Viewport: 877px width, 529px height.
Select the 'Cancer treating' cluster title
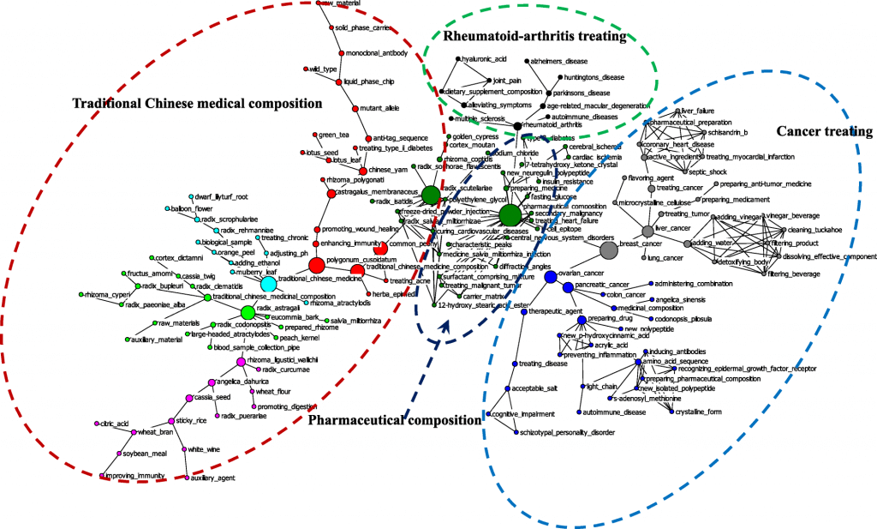tap(824, 131)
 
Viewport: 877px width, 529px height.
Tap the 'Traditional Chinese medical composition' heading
tap(196, 103)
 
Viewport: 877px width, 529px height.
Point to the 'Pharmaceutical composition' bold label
tap(394, 420)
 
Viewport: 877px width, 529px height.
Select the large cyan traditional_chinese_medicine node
tap(268, 283)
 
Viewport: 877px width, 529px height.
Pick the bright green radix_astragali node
tap(248, 311)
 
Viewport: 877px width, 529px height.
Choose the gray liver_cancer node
tap(648, 231)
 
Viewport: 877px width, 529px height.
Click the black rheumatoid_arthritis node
tap(517, 126)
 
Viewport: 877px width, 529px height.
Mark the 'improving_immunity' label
tap(134, 475)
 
